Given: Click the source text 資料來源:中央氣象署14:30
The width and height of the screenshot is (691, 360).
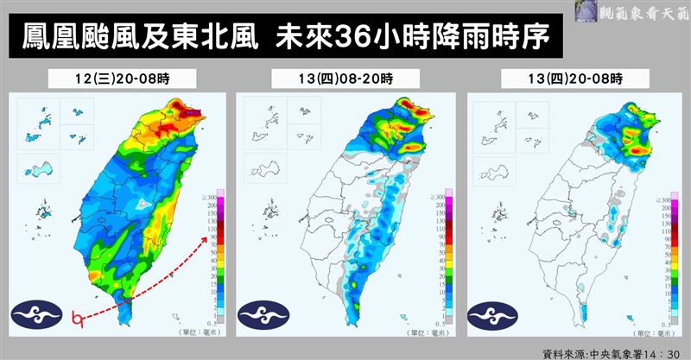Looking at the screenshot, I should coord(610,352).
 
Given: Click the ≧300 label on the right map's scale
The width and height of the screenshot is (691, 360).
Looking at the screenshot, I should coord(665,199).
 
